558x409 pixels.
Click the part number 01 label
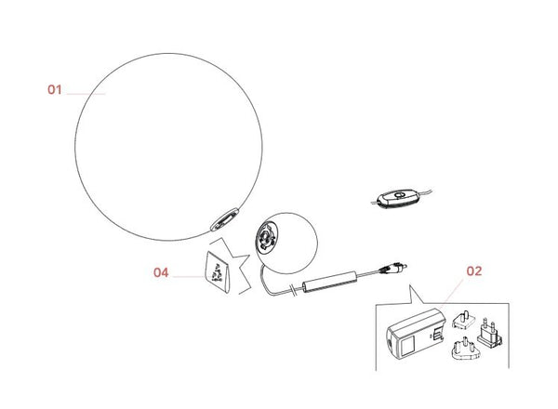click(x=55, y=89)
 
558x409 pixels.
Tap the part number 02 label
click(x=474, y=271)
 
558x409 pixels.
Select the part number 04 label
click(x=161, y=272)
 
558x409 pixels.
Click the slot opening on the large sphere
click(x=224, y=219)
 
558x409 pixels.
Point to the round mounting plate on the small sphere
click(x=265, y=236)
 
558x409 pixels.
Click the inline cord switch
click(x=396, y=198)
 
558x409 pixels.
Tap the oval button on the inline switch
click(x=399, y=194)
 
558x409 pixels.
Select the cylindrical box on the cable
click(x=329, y=282)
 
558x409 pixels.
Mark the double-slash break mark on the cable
click(x=294, y=290)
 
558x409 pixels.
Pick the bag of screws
click(x=218, y=271)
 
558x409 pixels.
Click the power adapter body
click(x=416, y=334)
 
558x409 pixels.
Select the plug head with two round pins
click(x=490, y=333)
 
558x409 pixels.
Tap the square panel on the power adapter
click(x=407, y=346)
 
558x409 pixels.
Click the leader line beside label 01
click(x=86, y=94)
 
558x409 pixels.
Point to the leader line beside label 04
click(x=189, y=276)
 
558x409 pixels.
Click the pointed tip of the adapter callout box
click(x=410, y=285)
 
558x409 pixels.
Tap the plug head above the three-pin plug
click(x=464, y=320)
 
